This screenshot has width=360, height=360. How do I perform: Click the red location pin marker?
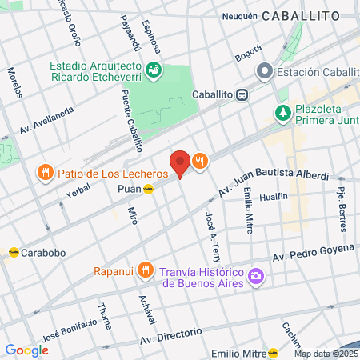tap(180, 162)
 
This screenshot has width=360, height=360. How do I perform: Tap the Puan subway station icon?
tap(149, 189)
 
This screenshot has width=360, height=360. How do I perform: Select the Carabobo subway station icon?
tap(14, 252)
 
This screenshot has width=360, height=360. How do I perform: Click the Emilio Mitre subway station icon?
tap(274, 353)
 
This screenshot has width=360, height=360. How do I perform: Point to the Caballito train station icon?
tap(242, 94)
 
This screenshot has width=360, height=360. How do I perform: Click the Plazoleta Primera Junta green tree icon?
tap(282, 114)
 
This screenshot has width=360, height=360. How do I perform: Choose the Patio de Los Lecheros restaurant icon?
tap(46, 173)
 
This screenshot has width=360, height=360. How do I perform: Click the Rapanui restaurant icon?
tap(144, 269)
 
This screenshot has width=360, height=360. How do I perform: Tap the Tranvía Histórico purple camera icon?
tap(256, 277)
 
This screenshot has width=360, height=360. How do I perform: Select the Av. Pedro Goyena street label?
tap(313, 252)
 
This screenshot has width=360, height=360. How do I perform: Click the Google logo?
tap(26, 350)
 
